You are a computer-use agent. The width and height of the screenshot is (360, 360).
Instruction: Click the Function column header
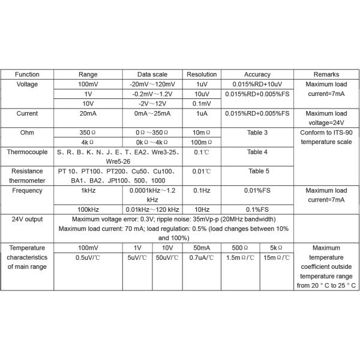tap(27, 74)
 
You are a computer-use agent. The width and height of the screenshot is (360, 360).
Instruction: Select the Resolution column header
tap(202, 74)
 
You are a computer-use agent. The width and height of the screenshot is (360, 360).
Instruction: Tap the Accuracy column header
tap(257, 74)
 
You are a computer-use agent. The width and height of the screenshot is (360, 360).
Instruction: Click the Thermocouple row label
tap(27, 152)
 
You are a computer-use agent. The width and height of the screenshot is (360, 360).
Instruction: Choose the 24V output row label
tap(27, 219)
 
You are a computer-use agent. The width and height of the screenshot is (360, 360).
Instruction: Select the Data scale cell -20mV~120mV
tap(152, 85)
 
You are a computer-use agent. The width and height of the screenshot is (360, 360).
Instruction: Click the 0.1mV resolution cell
tap(202, 103)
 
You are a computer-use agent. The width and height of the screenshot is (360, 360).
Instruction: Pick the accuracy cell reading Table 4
tap(257, 152)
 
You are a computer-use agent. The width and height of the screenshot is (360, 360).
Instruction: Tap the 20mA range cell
tap(88, 113)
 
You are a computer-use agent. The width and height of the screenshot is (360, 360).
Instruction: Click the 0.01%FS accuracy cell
tap(257, 190)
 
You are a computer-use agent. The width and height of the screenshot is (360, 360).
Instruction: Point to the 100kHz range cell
tap(88, 209)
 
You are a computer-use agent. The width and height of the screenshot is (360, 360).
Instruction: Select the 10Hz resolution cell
tap(202, 209)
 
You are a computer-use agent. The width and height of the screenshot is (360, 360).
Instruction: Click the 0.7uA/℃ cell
tap(202, 257)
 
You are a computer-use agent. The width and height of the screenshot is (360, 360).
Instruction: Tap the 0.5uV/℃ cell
tap(88, 257)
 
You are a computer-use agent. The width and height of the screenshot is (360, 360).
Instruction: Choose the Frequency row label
tap(27, 190)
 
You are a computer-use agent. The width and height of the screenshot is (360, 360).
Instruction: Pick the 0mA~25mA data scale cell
tap(152, 113)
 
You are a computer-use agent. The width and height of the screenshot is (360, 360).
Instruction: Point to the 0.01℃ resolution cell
tap(202, 171)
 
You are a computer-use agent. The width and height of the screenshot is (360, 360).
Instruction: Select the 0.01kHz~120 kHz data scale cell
tap(152, 209)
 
